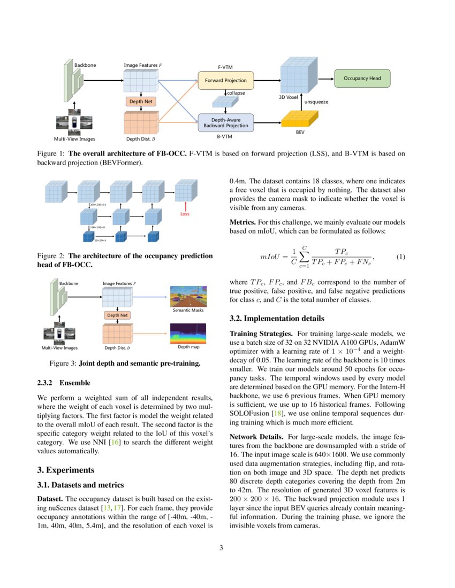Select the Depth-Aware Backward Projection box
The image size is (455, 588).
[x=225, y=122]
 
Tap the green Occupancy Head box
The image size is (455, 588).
[x=362, y=79]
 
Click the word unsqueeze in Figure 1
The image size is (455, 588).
[x=316, y=101]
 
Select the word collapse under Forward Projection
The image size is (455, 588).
[x=236, y=92]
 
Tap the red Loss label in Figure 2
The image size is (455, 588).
[x=185, y=214]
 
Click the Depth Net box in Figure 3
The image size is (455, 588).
[x=117, y=315]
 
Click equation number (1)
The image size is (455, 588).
[x=400, y=257]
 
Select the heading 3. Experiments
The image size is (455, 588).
[x=66, y=470]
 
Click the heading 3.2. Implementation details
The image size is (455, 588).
[x=276, y=319]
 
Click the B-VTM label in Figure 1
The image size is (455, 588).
[x=224, y=137]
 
